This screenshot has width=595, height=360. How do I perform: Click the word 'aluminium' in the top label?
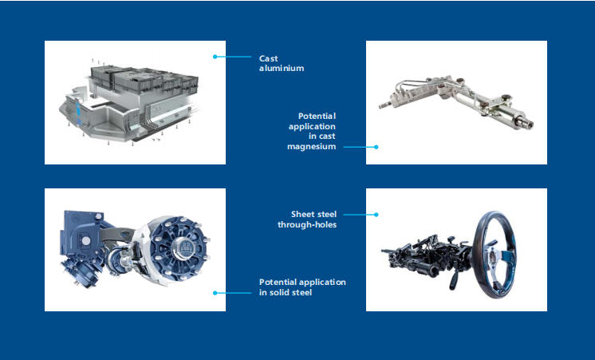[282, 69]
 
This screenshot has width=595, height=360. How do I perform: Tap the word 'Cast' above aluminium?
[268, 58]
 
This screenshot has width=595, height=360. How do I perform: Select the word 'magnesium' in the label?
[312, 146]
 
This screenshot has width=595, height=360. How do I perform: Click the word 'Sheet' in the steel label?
[302, 214]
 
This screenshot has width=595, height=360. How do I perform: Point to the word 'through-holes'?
[307, 224]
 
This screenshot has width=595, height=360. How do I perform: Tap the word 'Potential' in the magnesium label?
[317, 116]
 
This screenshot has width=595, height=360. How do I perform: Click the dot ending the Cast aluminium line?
[215, 57]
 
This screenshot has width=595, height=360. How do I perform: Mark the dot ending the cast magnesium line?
[376, 147]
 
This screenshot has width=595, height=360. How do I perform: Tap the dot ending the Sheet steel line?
[376, 215]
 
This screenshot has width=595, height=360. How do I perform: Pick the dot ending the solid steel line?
[215, 293]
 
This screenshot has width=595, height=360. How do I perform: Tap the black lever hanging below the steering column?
[452, 282]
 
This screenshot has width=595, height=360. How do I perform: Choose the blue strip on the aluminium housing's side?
[78, 110]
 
